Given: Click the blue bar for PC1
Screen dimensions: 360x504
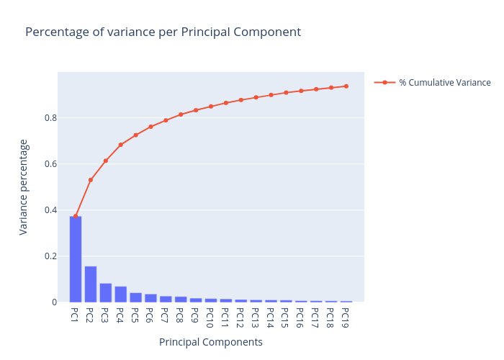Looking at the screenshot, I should pos(76,259).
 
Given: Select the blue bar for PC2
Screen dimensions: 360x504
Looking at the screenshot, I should pos(91,284).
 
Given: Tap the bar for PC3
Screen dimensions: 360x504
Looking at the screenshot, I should pos(106,293).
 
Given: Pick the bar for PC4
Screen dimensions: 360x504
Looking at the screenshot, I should pos(120,294).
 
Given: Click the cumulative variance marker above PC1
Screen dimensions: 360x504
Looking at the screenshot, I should pos(76,216).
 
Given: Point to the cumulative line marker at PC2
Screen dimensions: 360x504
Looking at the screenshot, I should pos(91,179).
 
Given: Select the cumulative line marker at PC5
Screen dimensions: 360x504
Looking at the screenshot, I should pos(135,135).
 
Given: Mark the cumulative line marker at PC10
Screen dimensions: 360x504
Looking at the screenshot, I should pos(211,107).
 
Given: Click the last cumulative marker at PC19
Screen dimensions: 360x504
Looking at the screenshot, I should pos(346,86).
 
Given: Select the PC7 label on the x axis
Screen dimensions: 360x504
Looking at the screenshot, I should pos(166,315).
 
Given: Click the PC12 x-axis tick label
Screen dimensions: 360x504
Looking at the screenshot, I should pos(241,317).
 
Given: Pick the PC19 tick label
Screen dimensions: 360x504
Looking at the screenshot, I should pos(346,317).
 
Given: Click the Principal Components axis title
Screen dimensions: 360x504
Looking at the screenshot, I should pos(211,343).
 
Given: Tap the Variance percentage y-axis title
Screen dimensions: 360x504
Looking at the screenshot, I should pos(24,187).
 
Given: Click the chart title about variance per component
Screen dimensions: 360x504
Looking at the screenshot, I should pos(163,32).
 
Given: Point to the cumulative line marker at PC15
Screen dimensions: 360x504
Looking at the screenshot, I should pos(286,93).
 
